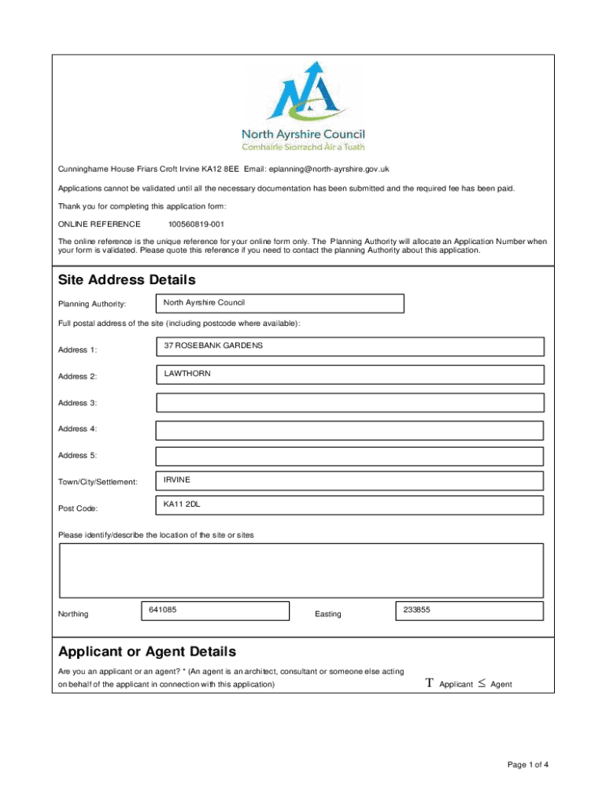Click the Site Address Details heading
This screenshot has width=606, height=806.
coord(127,280)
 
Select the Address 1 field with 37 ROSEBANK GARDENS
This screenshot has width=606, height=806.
coord(349,347)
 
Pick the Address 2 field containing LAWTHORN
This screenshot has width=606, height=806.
coord(349,374)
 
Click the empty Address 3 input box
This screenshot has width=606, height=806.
coord(349,403)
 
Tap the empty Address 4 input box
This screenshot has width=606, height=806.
coord(349,430)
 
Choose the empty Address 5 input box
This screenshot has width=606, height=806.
coord(349,457)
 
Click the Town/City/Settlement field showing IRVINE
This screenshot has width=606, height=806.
coord(349,481)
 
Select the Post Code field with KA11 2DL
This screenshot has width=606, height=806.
coord(349,505)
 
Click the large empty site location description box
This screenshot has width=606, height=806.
coord(301,571)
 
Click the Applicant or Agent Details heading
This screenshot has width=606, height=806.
coord(146,652)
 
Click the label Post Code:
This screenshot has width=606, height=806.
coord(78,508)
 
